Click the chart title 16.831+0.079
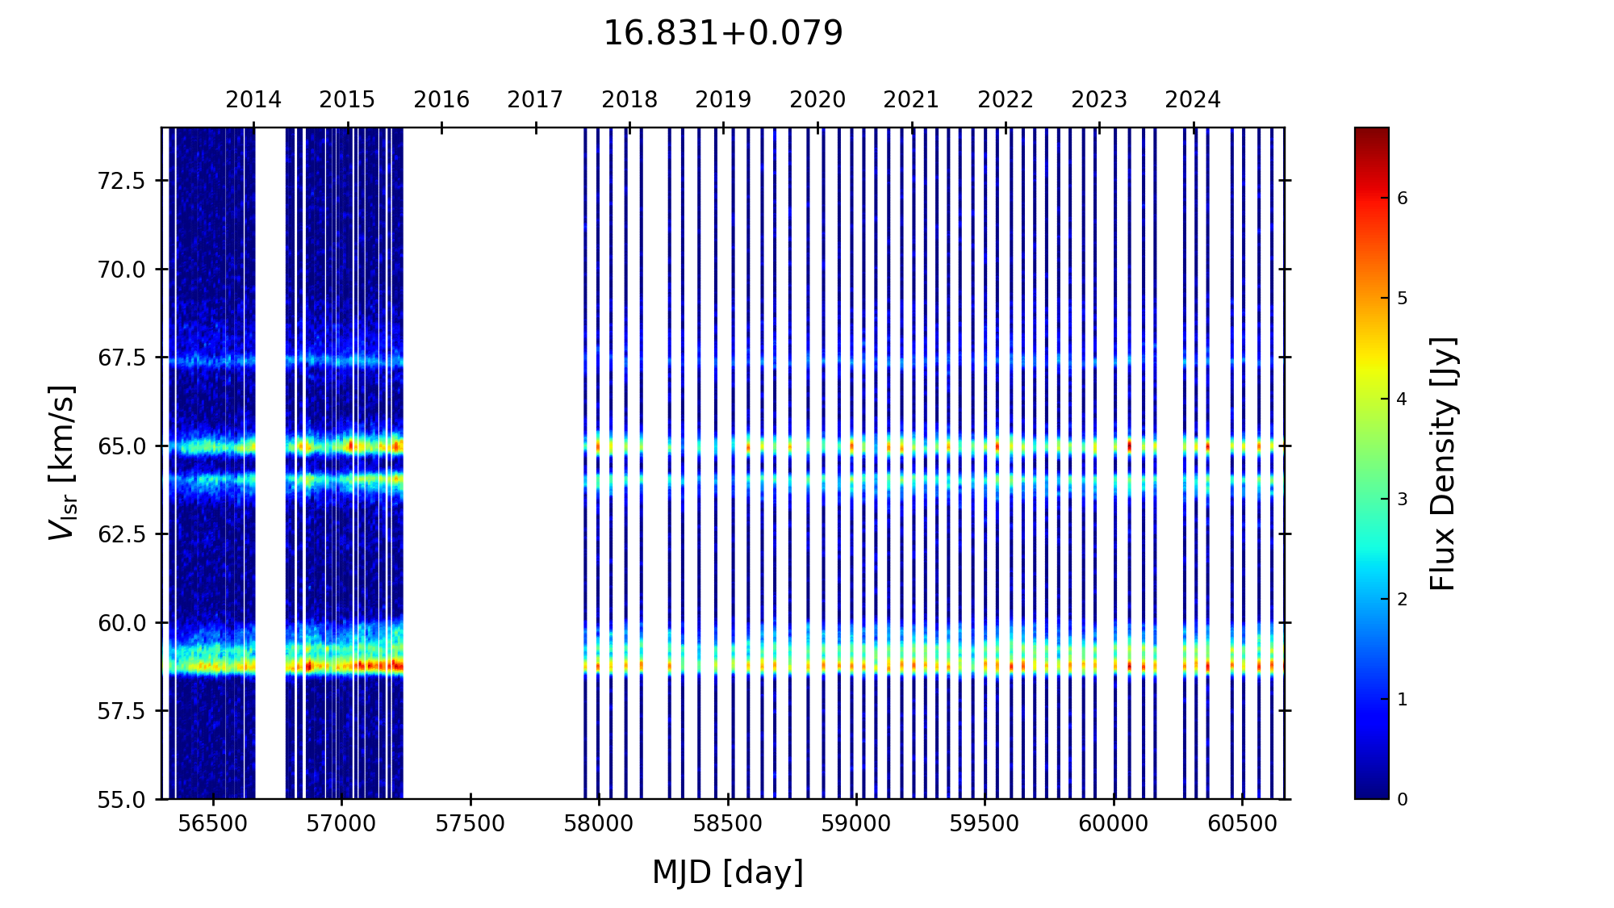coord(722,34)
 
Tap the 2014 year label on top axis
coord(253,100)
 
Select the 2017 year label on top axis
coord(535,100)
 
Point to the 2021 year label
coord(911,100)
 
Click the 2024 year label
coord(1193,100)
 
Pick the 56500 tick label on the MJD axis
coord(213,824)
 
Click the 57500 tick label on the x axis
coord(470,824)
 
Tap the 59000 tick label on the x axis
coord(856,824)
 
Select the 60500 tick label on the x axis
coord(1242,824)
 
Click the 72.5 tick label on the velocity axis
coord(121,181)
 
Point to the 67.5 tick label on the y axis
coord(121,358)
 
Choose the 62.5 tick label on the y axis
coord(121,534)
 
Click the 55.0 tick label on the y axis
coord(121,800)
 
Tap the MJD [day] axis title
coord(727,872)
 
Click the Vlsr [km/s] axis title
coord(62,462)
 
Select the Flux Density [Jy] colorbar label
coord(1443,463)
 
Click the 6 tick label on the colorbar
coord(1403,199)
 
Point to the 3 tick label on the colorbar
coord(1403,500)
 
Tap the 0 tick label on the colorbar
coord(1403,800)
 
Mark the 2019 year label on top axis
coord(723,100)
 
